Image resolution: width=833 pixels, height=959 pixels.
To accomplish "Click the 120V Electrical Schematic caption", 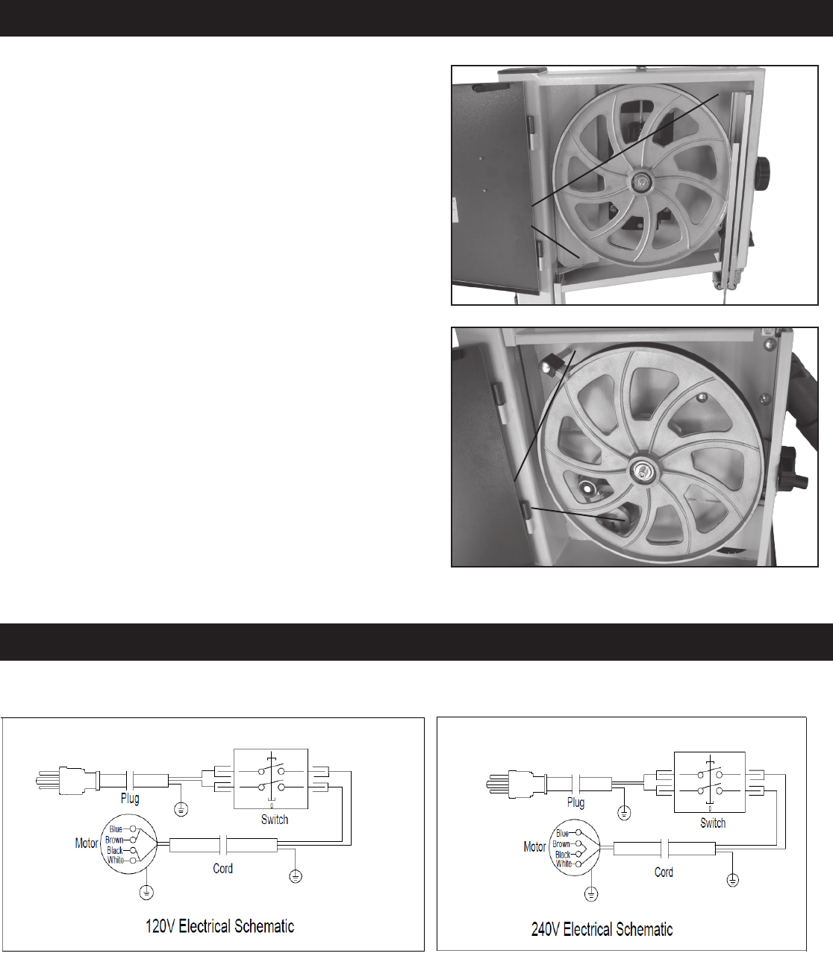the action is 220,926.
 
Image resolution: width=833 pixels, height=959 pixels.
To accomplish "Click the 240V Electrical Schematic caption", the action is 602,929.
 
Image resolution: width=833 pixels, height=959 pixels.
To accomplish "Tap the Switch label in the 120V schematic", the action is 275,820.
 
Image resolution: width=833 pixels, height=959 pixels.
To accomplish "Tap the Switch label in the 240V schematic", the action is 713,823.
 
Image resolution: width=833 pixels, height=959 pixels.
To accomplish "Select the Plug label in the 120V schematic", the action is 130,798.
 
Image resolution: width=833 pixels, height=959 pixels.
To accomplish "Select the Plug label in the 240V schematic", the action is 575,802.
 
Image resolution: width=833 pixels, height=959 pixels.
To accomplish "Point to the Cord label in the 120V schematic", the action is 222,869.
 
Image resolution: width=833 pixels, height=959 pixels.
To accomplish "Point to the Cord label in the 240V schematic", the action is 664,872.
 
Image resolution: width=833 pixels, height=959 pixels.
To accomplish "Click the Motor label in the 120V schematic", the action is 87,843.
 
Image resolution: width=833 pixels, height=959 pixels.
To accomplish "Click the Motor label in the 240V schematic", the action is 534,846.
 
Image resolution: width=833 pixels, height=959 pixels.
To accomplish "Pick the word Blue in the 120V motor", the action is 116,829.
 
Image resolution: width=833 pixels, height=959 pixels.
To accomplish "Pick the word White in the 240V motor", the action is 564,864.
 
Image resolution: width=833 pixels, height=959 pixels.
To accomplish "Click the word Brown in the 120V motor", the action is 114,840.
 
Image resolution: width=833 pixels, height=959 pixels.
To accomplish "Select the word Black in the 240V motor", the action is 563,855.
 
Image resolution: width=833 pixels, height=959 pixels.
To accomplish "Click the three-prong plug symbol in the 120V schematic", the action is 67,781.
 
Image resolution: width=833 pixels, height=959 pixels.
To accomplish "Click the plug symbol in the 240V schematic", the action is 516,784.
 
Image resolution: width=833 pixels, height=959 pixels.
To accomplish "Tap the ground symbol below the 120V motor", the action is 146,893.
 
